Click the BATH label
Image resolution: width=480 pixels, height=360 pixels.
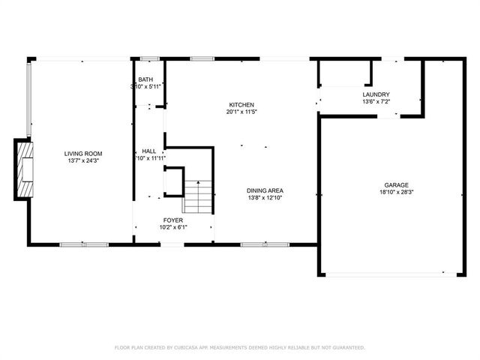coord(145,79)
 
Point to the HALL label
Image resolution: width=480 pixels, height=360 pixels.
coord(148,151)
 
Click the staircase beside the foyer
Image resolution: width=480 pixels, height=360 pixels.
coord(199,197)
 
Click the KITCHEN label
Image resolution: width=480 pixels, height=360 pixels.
coord(241,104)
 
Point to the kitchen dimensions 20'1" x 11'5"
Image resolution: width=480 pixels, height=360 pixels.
coord(241,112)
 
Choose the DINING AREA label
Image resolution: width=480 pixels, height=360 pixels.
coord(265,190)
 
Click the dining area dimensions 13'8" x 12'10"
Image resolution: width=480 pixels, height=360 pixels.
coord(265,197)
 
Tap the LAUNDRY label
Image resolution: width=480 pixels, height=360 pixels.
coord(376,94)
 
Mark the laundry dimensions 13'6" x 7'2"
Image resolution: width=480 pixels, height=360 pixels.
coord(376,101)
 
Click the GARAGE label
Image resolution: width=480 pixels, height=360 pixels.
coord(397,184)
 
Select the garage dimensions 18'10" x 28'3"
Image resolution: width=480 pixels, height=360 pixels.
coord(397,191)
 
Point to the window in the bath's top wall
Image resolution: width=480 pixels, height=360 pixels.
coord(149,58)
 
